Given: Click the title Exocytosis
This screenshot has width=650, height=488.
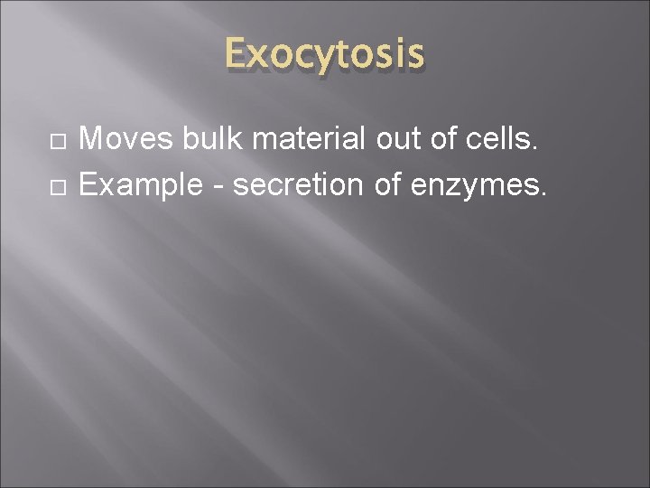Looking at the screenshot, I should click(324, 55).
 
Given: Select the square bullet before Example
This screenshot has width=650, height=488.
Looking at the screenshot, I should click(58, 188).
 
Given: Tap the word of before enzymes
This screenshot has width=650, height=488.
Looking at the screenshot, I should click(388, 186).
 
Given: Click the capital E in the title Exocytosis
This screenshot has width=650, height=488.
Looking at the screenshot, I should click(237, 54).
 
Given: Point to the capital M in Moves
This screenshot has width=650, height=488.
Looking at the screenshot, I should click(92, 139).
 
